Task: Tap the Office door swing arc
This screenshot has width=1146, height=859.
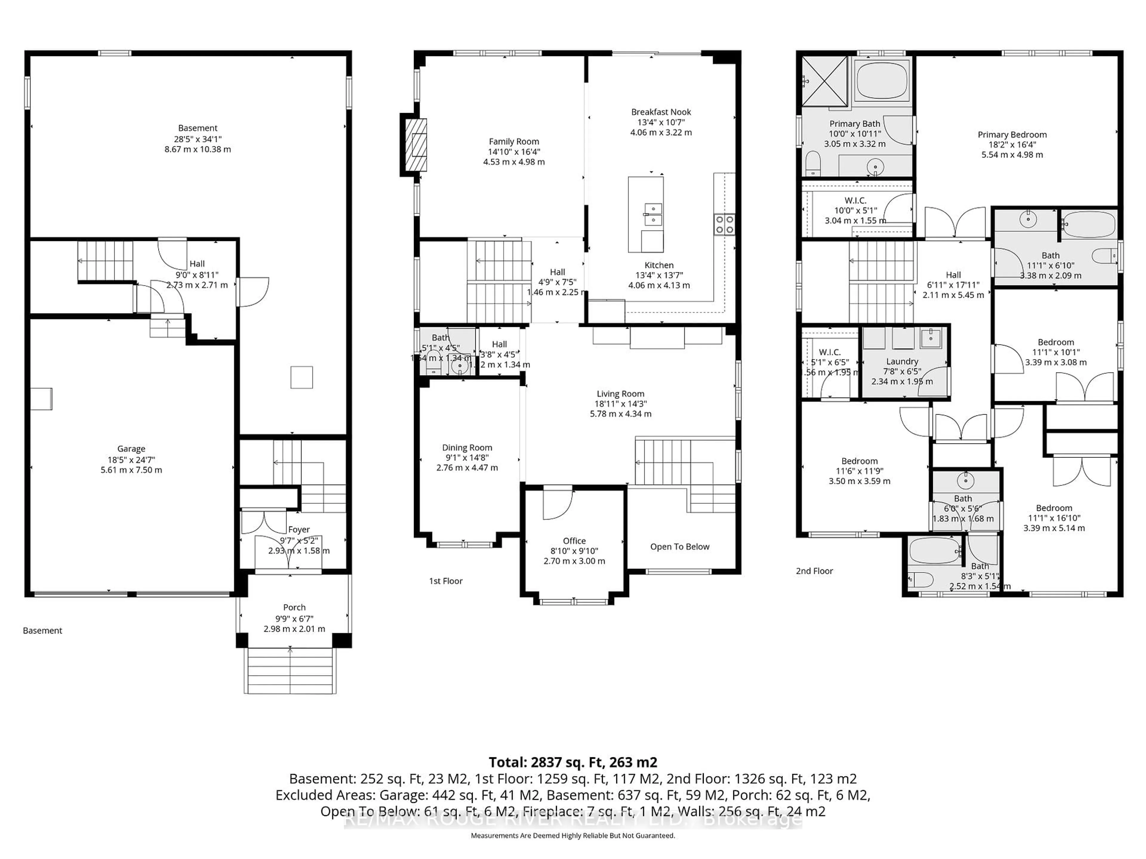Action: (x=558, y=503)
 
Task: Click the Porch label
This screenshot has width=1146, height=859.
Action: (x=294, y=607)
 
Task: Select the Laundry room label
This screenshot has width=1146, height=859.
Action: (x=902, y=361)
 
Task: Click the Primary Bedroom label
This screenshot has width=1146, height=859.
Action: (x=1012, y=135)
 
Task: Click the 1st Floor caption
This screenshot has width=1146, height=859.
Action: (x=446, y=581)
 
